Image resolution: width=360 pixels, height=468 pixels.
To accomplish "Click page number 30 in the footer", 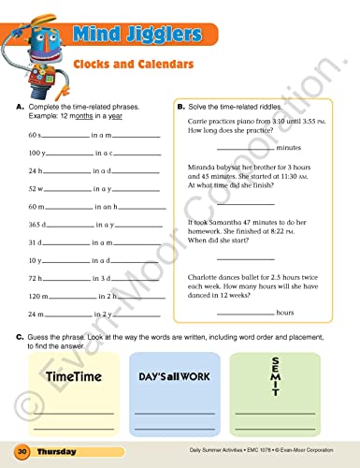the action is click(x=22, y=453).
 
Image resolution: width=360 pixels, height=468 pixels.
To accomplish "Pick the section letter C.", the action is click(x=20, y=335).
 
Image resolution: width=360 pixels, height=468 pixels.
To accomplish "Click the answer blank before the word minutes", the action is click(x=245, y=149).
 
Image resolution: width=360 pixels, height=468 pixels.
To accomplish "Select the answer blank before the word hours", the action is click(x=245, y=313).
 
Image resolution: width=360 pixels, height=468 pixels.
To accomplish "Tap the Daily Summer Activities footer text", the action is click(x=221, y=453).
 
